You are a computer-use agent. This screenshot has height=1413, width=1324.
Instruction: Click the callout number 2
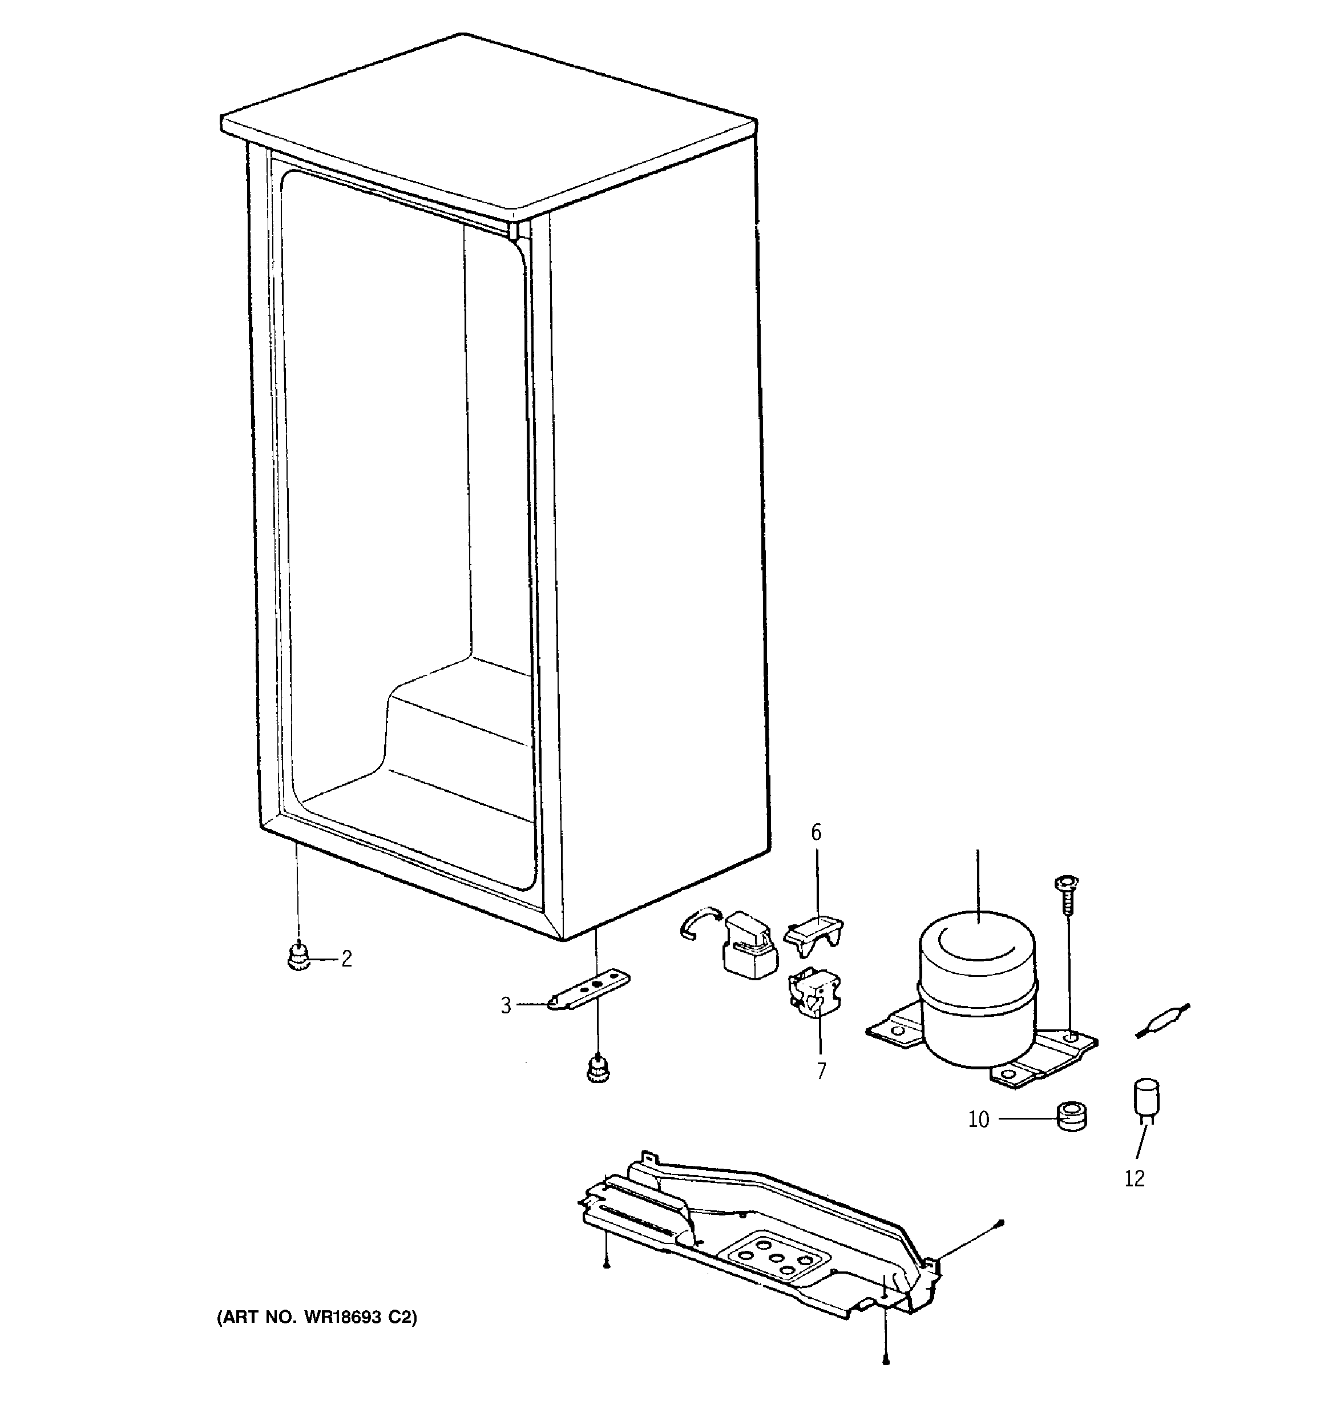[346, 960]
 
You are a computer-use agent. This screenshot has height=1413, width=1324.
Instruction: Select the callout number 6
[816, 832]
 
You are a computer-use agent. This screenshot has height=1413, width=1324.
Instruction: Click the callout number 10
[979, 1120]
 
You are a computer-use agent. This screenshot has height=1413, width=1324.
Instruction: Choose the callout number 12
[1135, 1179]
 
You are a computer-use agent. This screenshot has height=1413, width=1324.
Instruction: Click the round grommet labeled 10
[1072, 1117]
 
